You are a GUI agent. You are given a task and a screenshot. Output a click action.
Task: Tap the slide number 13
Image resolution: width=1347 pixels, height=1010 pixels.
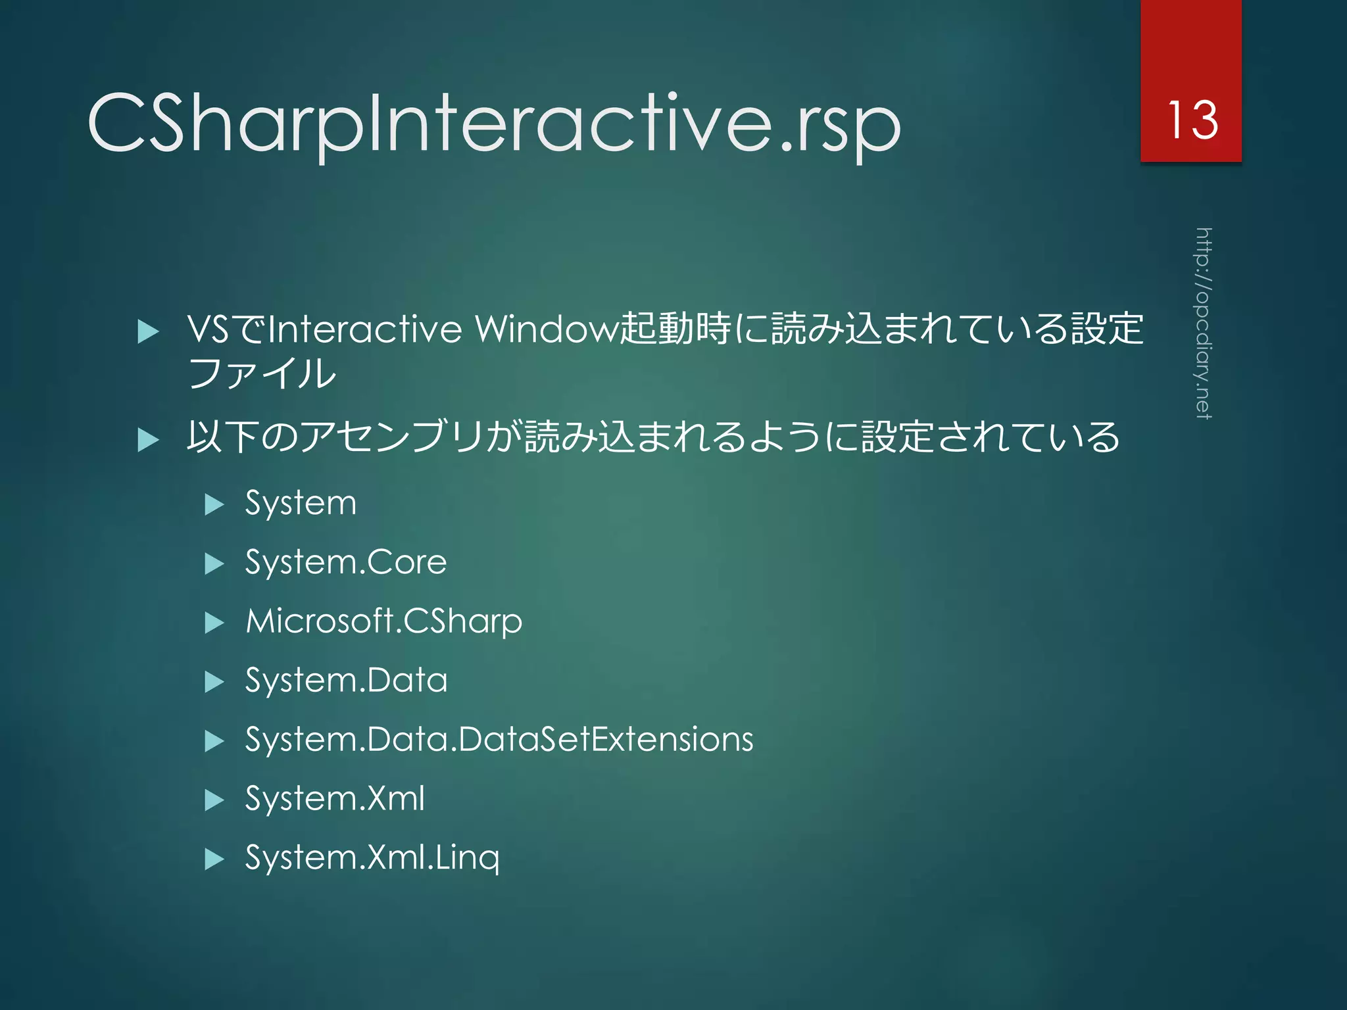[x=1192, y=120]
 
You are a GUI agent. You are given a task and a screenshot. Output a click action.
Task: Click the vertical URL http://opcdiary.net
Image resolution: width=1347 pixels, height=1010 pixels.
[x=1204, y=323]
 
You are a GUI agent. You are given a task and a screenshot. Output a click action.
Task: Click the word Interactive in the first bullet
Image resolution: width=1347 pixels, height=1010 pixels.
[x=366, y=329]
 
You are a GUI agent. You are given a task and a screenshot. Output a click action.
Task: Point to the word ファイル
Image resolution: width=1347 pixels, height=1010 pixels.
[x=262, y=373]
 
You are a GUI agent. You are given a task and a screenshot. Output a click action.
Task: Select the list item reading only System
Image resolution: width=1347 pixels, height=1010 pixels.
[x=301, y=504]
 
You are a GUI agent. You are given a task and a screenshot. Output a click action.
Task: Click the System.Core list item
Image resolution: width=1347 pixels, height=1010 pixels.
[x=345, y=563]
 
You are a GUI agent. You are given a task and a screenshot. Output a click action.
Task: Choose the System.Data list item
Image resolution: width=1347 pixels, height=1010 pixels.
[x=346, y=681]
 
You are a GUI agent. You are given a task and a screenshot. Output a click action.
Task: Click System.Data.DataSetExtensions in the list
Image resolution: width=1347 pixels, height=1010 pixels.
[x=499, y=740]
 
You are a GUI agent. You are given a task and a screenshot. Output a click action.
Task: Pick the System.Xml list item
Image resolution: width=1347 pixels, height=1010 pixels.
[x=335, y=799]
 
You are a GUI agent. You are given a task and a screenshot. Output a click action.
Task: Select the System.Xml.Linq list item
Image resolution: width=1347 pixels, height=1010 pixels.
[x=372, y=858]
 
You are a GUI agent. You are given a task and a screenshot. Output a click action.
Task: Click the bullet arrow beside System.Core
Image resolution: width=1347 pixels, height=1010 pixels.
[x=214, y=564]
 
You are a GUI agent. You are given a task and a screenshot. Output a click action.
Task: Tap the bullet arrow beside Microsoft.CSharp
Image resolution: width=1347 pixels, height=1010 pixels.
[x=214, y=623]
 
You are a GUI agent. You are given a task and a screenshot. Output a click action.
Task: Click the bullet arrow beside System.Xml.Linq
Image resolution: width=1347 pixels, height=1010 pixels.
[x=214, y=859]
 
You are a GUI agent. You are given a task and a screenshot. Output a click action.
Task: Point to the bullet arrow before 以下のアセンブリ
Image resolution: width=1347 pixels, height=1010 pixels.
[x=148, y=439]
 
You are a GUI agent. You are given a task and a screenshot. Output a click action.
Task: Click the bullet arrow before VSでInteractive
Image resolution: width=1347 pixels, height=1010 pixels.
[x=148, y=331]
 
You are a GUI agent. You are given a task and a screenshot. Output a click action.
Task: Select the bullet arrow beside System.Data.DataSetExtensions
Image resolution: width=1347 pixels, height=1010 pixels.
[x=214, y=741]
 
